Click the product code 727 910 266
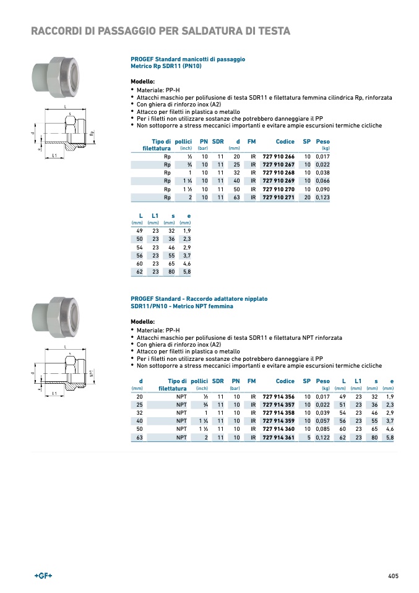(279, 157)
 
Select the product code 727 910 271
(279, 197)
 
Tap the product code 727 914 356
(279, 396)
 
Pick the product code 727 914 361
(279, 437)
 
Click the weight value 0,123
(322, 197)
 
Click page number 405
(393, 576)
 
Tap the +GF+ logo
(43, 576)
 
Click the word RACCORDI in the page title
(57, 31)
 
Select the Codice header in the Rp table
(285, 142)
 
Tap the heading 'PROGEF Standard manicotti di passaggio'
(188, 59)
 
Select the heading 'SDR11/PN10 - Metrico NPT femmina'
(181, 306)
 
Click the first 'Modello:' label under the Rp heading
(142, 82)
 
